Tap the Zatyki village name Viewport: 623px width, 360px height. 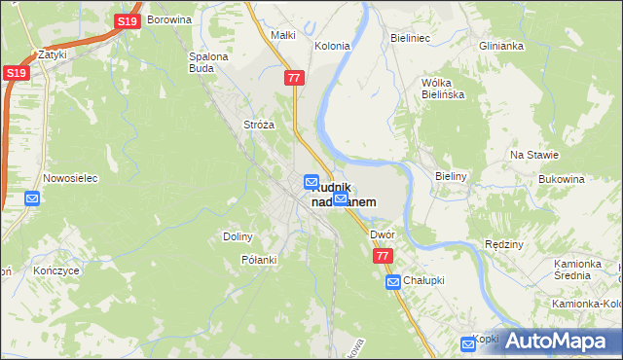coord(52,55)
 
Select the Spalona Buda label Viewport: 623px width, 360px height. coord(207,62)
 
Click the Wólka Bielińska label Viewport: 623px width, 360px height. coord(441,89)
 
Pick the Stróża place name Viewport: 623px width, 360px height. coord(258,126)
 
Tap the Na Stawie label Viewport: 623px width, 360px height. coord(533,155)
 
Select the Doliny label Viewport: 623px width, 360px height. coord(238,236)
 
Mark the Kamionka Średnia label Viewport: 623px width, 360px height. coord(586,270)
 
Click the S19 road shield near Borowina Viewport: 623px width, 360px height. coord(127,21)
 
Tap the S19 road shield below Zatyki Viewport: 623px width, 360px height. coord(15,73)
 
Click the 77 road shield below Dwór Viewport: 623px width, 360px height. coord(383,256)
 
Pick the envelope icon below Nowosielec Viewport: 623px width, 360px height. coord(32,198)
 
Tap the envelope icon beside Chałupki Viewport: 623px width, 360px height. coord(393,282)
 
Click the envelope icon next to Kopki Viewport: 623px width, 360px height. coord(467,342)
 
